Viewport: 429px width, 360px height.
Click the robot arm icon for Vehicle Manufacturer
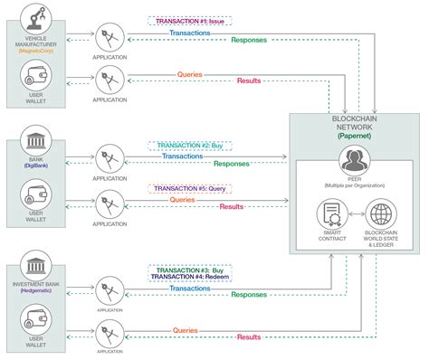(37, 17)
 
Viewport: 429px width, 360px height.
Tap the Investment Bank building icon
(37, 269)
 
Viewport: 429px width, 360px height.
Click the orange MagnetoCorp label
(37, 51)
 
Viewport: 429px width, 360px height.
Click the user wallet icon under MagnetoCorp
(37, 77)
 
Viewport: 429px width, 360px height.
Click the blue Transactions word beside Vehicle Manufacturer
(191, 33)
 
